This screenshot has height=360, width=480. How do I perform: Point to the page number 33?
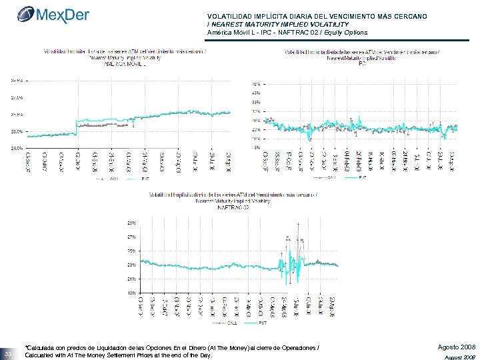click(x=8, y=353)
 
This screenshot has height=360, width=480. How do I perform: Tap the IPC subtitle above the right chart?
click(x=363, y=65)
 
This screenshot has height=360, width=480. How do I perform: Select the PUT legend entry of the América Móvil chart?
click(x=143, y=179)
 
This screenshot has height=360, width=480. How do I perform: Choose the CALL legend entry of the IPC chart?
click(x=331, y=178)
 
